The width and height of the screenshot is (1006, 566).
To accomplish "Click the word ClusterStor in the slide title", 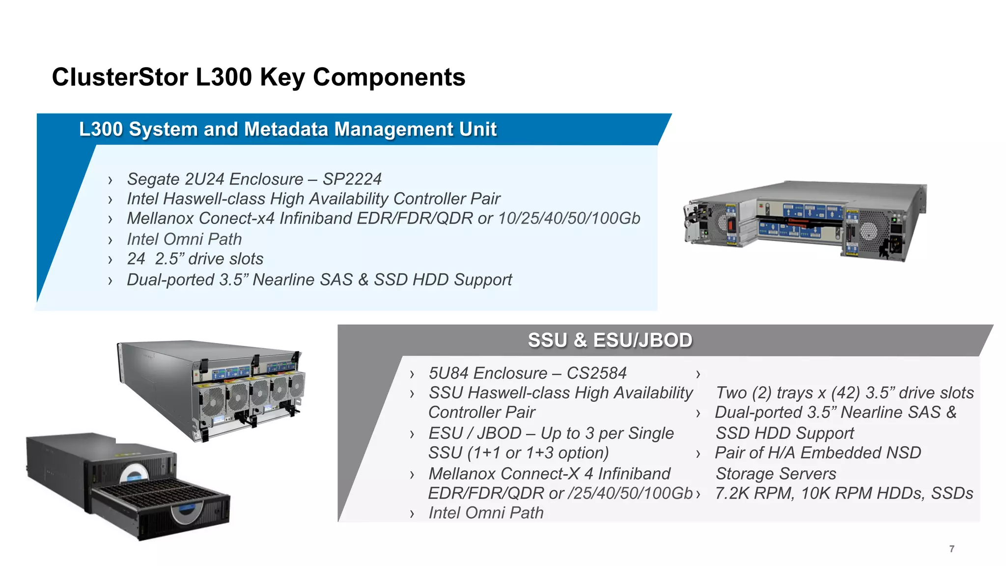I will (x=120, y=77).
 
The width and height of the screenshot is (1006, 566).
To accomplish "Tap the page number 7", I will (x=951, y=549).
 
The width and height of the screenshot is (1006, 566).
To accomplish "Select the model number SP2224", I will (x=352, y=179).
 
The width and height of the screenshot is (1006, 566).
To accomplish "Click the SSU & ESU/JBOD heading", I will (x=610, y=340).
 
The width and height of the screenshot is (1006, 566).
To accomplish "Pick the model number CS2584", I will (x=596, y=373).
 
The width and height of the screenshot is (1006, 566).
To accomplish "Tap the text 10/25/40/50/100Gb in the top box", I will (x=569, y=218).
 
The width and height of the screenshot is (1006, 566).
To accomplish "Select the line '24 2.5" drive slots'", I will (x=195, y=259).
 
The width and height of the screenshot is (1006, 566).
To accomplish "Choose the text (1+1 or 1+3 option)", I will (x=538, y=453).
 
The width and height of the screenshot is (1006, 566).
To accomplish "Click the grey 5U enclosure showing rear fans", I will (x=211, y=388).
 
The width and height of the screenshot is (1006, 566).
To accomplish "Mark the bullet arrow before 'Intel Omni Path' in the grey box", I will (x=412, y=514).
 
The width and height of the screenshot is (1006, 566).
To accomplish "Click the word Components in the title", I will (x=389, y=77).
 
